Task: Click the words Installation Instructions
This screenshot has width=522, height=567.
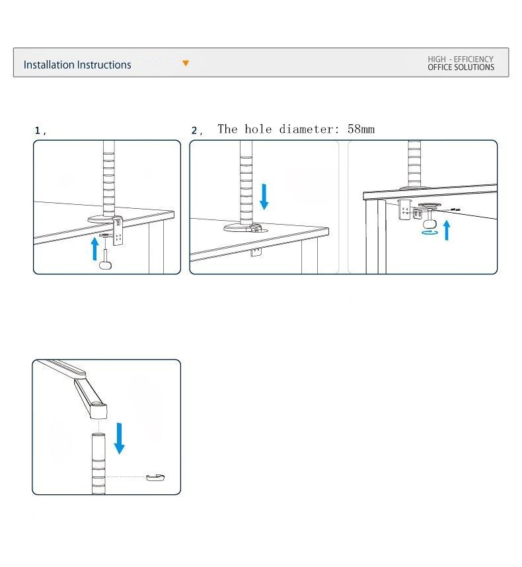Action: [77, 65]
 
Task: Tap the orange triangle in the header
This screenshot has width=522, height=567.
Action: [186, 63]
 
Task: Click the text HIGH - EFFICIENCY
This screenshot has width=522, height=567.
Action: [461, 59]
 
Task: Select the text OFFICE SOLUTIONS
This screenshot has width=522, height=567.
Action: [461, 67]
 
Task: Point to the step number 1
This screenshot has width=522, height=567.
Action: [38, 131]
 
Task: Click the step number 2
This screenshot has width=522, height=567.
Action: [195, 131]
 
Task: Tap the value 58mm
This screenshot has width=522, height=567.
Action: [361, 129]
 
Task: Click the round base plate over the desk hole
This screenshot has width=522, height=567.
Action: [243, 228]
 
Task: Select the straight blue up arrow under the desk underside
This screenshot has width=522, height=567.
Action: [447, 230]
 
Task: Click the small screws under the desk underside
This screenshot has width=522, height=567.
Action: [455, 209]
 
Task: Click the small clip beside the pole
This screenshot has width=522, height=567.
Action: [155, 477]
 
